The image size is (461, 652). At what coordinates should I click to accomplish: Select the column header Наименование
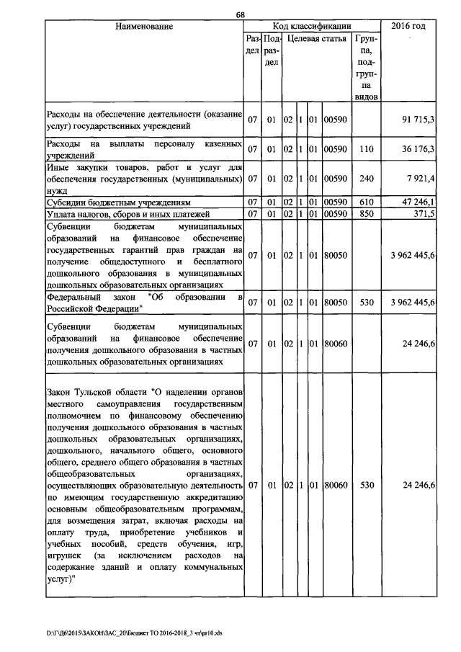(144, 27)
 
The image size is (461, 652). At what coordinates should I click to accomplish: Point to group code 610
(367, 202)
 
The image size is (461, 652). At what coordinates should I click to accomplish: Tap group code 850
(367, 214)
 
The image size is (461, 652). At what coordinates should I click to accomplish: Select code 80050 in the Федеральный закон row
(335, 303)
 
